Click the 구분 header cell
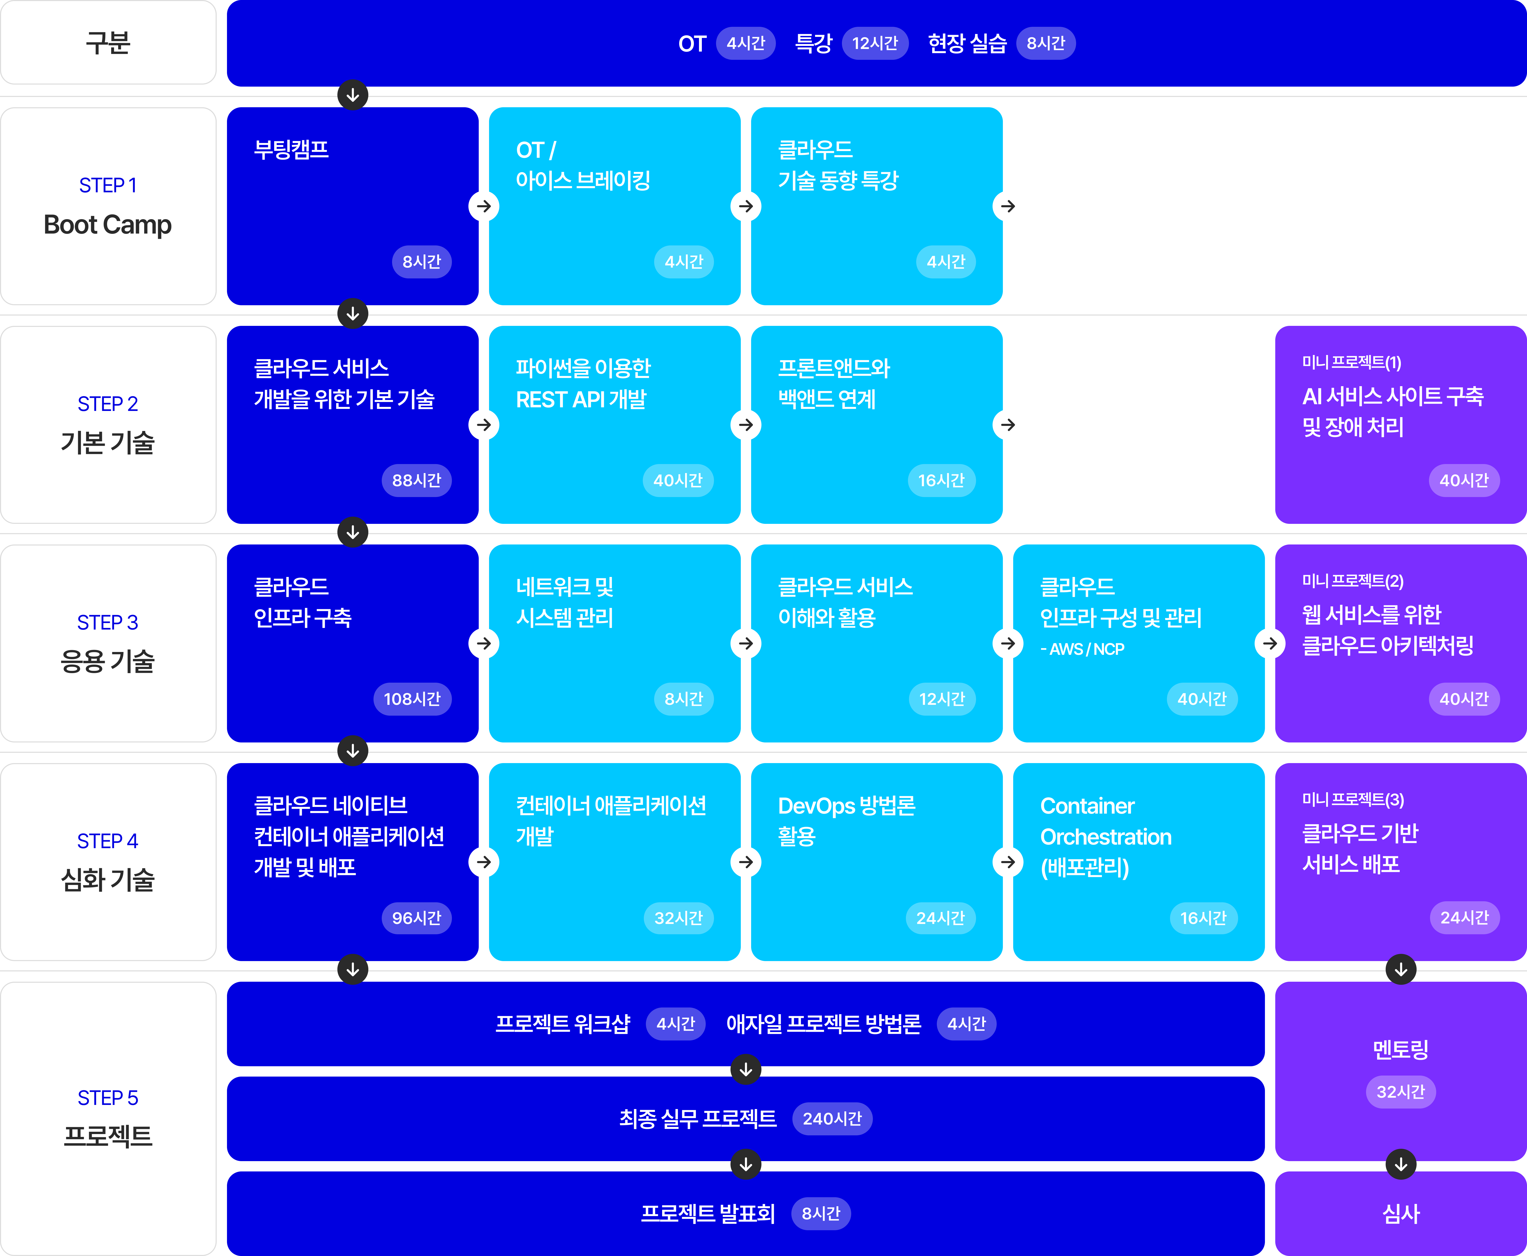(108, 43)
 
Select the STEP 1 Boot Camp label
(108, 206)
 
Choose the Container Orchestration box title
(1105, 836)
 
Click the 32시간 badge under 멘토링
(1400, 1092)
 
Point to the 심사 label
(1400, 1213)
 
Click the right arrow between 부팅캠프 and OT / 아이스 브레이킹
(483, 206)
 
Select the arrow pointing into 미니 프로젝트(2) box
(1269, 643)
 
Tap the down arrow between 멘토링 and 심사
(1400, 1164)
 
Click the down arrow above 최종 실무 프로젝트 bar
(745, 1069)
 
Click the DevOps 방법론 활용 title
(846, 821)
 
